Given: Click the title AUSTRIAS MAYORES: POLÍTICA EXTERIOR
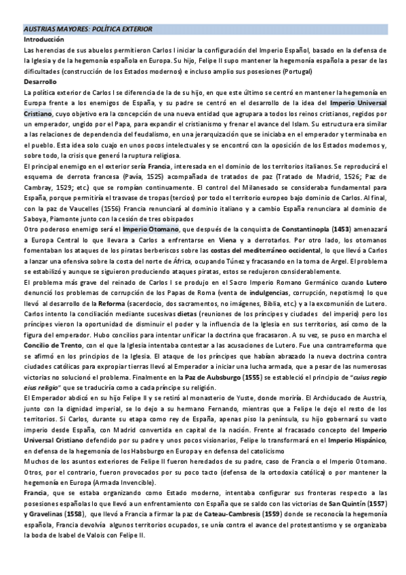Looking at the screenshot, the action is point(88,30).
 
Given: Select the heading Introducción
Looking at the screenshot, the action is point(44,40).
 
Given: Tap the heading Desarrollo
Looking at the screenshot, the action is point(39,81).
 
